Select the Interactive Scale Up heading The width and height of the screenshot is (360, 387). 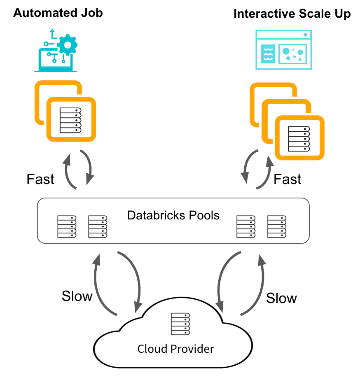click(292, 14)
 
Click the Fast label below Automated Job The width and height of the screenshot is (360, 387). click(40, 179)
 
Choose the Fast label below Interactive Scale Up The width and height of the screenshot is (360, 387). click(288, 179)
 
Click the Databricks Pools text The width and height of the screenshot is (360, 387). click(173, 215)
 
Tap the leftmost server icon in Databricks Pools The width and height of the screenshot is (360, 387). click(66, 226)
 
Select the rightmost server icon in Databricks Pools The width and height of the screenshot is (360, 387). click(277, 226)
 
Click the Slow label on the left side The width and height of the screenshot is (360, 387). click(77, 296)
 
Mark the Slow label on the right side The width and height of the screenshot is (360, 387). click(281, 298)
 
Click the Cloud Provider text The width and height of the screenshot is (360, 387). click(176, 349)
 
